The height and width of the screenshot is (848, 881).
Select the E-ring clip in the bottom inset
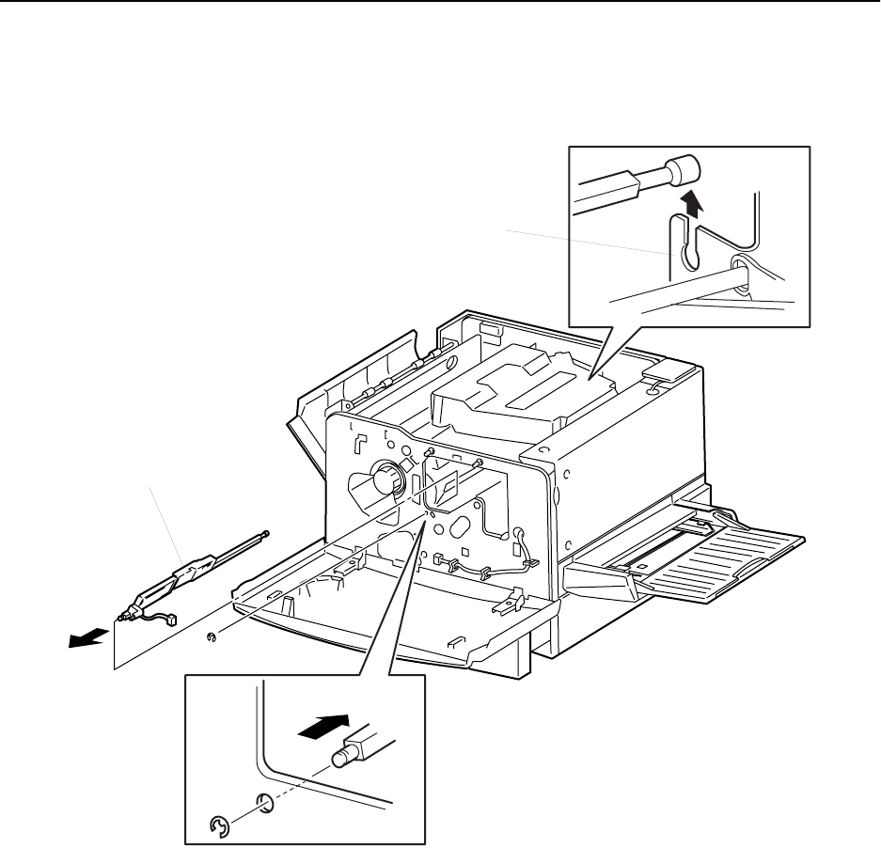pos(219,827)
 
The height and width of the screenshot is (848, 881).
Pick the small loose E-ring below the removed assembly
pos(212,639)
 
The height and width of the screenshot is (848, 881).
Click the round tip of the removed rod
pos(268,533)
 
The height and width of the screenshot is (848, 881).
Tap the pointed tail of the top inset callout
pos(591,376)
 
